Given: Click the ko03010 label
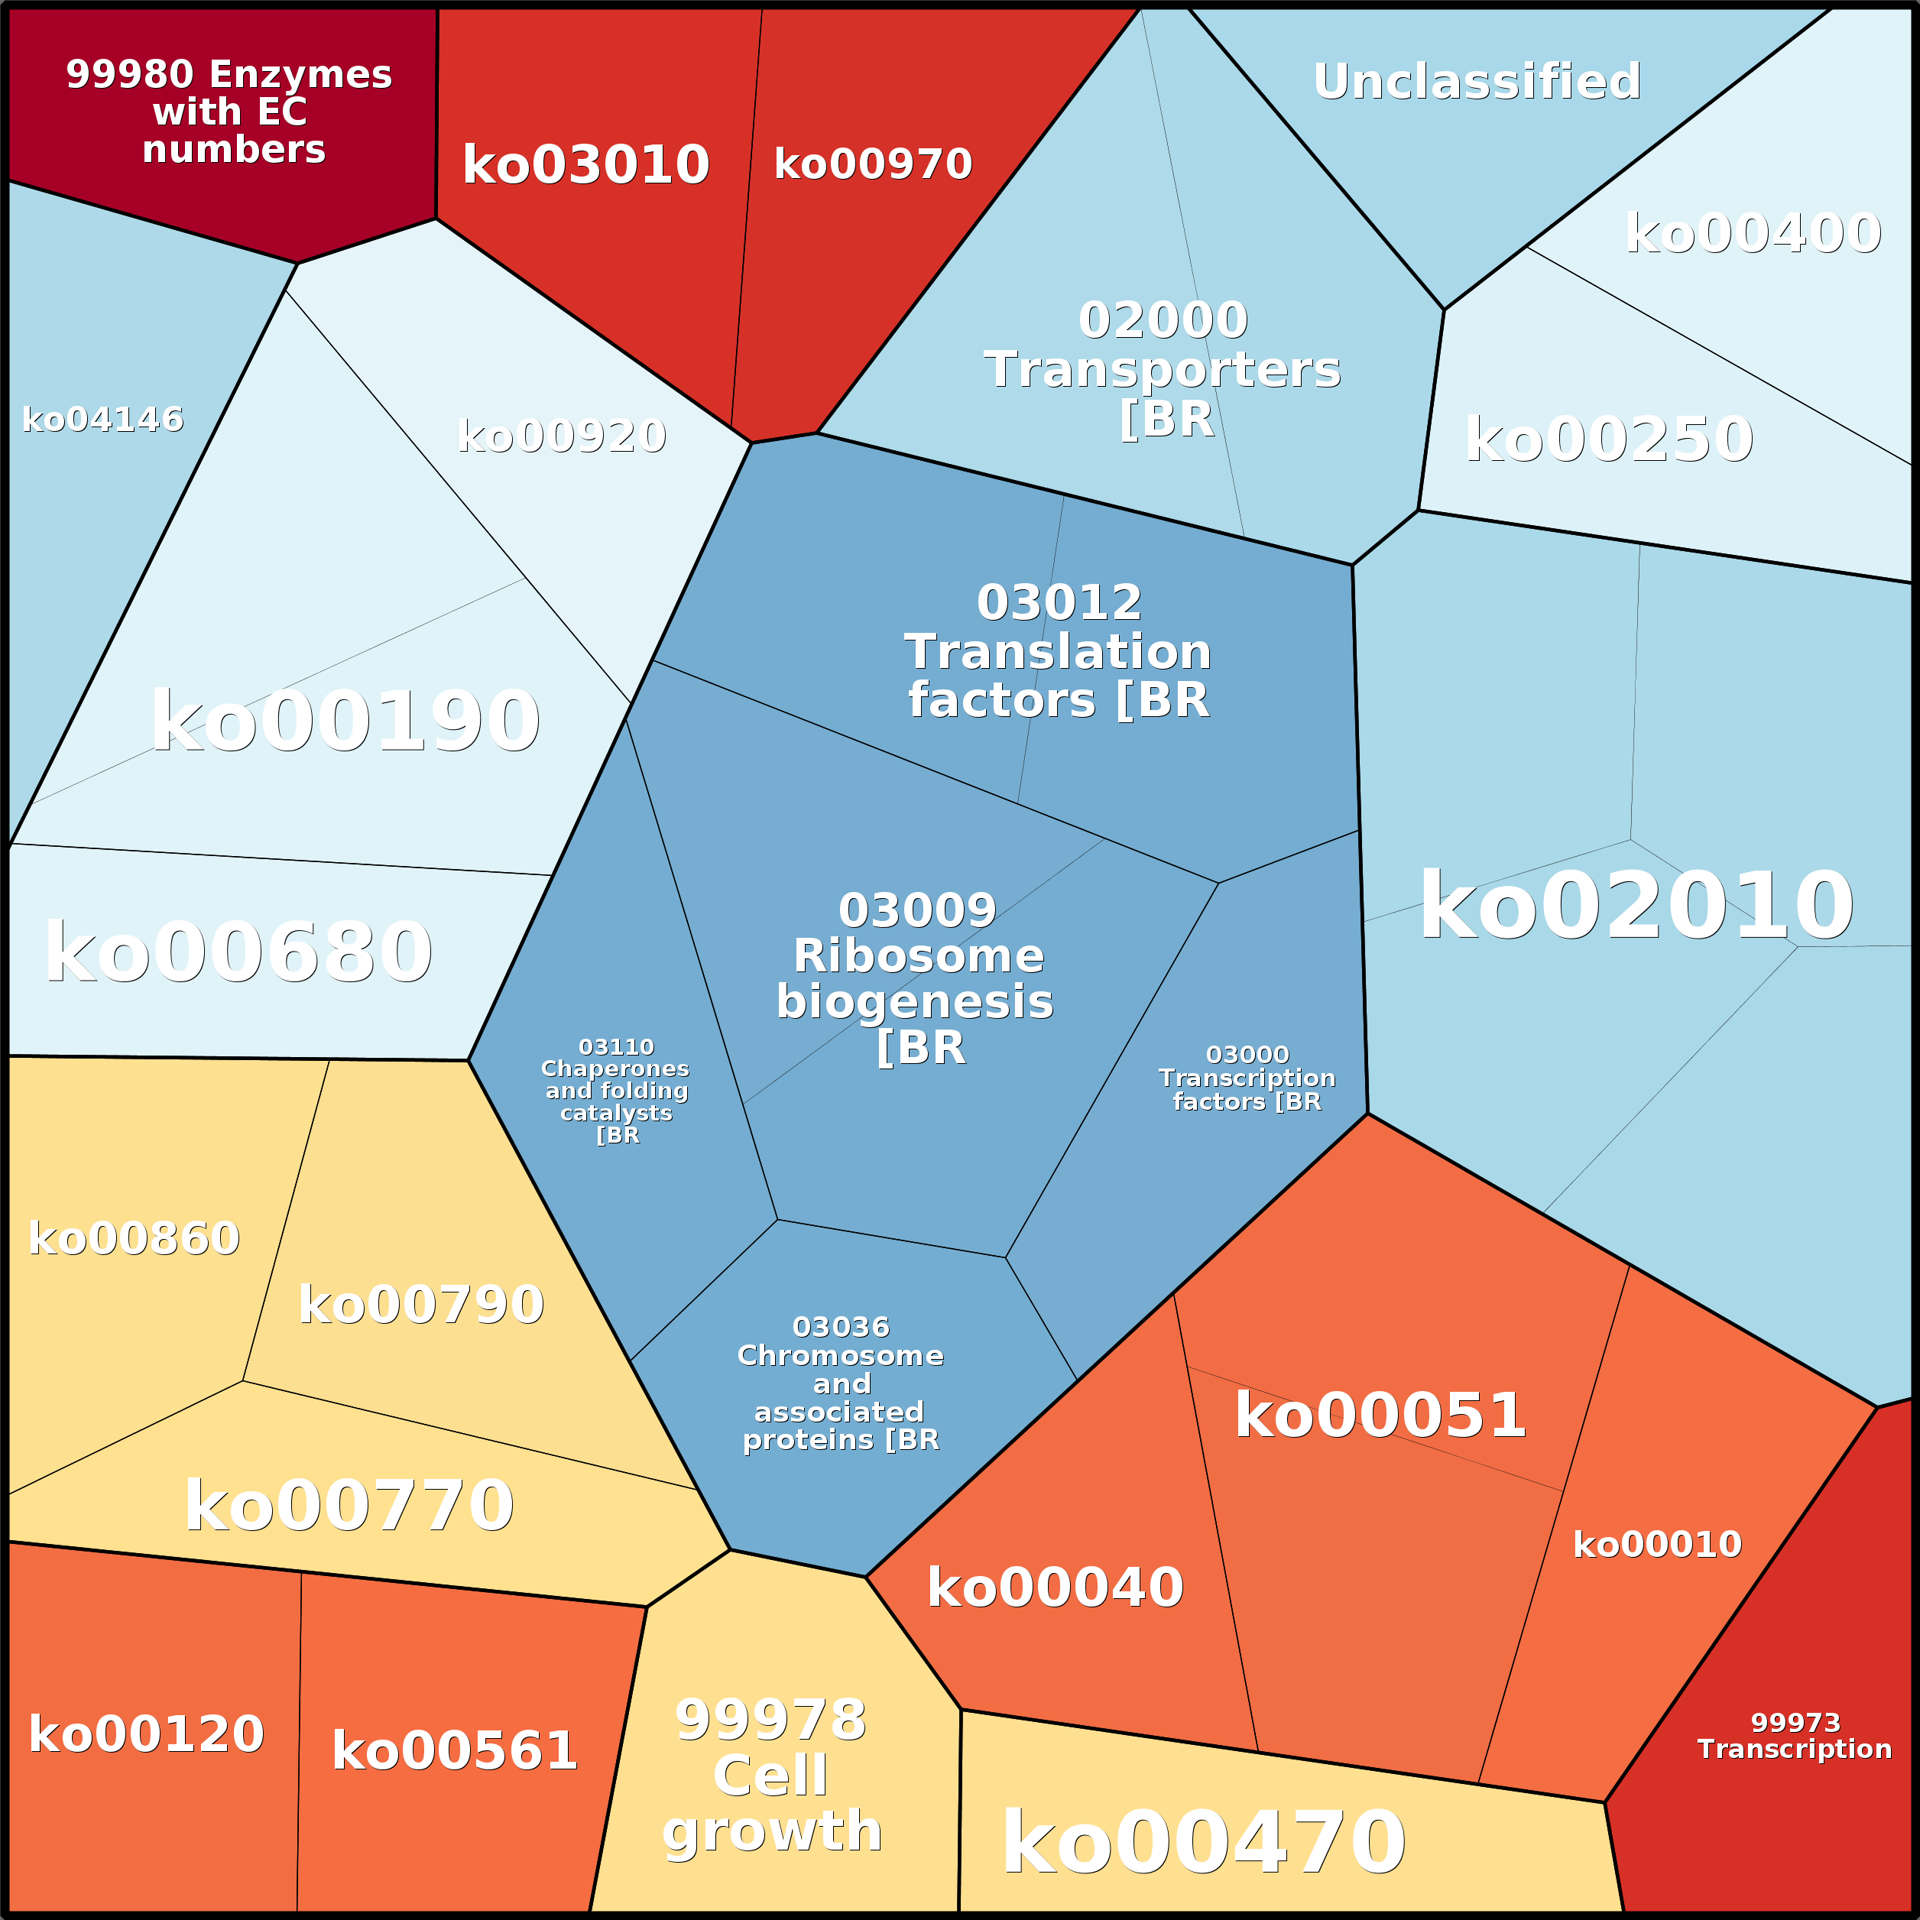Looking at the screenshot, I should click(x=585, y=165).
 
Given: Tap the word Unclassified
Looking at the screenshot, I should click(x=1476, y=82).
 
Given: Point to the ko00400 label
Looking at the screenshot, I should click(x=1753, y=234).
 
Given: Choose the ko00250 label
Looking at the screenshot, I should click(x=1608, y=439).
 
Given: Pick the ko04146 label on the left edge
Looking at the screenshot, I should click(x=102, y=420).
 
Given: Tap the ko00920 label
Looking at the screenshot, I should click(x=562, y=435).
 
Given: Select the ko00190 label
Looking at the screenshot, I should click(x=345, y=722).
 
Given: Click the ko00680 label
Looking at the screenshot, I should click(x=238, y=953).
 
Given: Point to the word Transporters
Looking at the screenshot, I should click(x=1162, y=370).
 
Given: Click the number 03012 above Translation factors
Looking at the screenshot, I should click(x=1059, y=602).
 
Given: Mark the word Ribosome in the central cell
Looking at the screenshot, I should click(x=918, y=956).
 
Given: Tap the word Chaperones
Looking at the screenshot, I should click(x=615, y=1069).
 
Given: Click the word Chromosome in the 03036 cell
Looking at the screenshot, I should click(x=840, y=1355).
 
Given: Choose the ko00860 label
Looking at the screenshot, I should click(x=135, y=1238).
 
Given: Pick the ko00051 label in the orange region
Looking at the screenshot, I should click(x=1380, y=1415).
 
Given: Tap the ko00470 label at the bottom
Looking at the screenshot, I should click(x=1204, y=1843).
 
